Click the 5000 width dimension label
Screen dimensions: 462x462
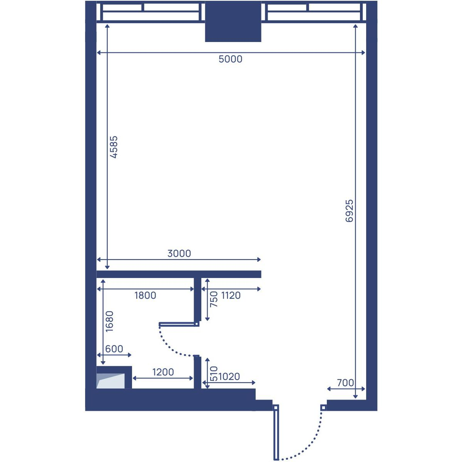click(x=230, y=59)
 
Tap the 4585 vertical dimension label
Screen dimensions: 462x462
click(x=114, y=147)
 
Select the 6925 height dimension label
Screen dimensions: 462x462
click(x=349, y=211)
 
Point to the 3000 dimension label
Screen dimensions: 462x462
click(x=179, y=253)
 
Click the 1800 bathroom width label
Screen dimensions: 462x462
click(x=145, y=295)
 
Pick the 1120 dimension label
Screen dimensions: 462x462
click(x=231, y=296)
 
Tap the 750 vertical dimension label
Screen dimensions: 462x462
click(x=214, y=299)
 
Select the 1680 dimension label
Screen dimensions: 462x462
click(x=110, y=321)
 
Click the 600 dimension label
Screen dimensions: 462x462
click(x=114, y=349)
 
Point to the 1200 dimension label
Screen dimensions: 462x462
click(x=163, y=372)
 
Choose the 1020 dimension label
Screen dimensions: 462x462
click(x=229, y=377)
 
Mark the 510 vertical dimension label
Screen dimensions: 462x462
click(x=214, y=373)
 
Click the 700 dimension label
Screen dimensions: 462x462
click(x=345, y=383)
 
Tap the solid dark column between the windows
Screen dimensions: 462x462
click(x=233, y=21)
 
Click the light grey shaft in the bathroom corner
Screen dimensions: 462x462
click(x=110, y=381)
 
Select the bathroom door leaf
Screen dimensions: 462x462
click(x=179, y=325)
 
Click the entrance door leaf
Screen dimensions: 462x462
click(x=276, y=433)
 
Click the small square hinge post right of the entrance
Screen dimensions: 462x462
click(x=323, y=407)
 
